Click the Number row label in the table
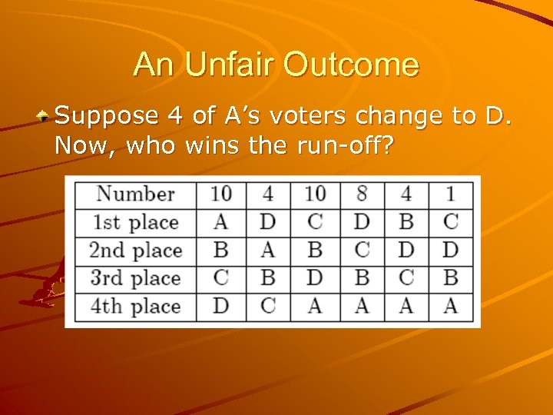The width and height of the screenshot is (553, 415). coord(135,194)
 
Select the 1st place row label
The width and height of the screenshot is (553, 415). coord(135,223)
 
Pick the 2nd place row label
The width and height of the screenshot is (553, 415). coord(135,251)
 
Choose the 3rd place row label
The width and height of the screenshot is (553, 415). coord(135,278)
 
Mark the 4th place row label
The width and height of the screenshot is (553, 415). coord(135,306)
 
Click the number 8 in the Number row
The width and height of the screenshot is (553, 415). coord(362,194)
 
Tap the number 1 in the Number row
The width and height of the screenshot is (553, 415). coord(451,194)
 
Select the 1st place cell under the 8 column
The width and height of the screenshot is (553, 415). coord(362,223)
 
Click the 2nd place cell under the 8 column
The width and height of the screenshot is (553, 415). coord(362,251)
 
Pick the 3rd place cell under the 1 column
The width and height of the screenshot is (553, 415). coord(451,278)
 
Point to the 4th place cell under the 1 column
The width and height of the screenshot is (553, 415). coord(451,306)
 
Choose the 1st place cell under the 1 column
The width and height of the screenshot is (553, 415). coord(451,223)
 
